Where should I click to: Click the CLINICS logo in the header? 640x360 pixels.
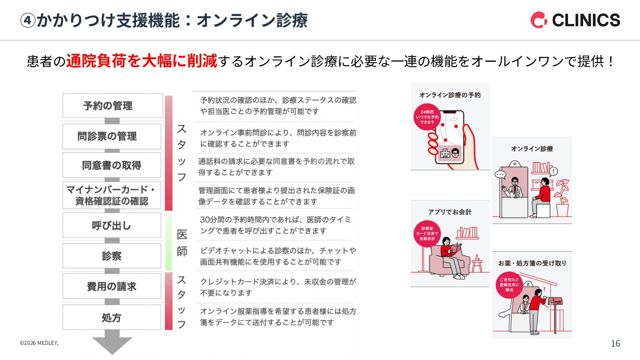click(x=575, y=20)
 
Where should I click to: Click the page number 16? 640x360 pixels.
click(x=616, y=344)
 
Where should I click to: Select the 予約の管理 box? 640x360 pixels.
click(x=112, y=106)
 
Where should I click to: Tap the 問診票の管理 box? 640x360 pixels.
click(x=112, y=136)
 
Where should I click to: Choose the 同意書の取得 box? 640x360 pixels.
click(x=112, y=165)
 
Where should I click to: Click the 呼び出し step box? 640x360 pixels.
click(x=112, y=225)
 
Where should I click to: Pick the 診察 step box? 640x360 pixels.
click(x=112, y=256)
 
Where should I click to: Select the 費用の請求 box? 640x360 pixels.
click(x=112, y=286)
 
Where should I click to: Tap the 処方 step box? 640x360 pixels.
click(x=112, y=317)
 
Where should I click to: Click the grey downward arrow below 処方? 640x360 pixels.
click(x=112, y=343)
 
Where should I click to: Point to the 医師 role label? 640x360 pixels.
click(x=182, y=243)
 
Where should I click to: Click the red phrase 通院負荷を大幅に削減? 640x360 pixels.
click(x=142, y=61)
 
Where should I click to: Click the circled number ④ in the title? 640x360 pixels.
click(x=28, y=20)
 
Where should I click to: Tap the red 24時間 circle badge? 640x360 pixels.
click(x=427, y=117)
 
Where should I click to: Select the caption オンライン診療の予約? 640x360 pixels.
click(x=449, y=95)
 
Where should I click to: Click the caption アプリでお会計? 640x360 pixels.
click(x=449, y=212)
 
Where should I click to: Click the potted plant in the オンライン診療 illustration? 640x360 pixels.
click(x=562, y=196)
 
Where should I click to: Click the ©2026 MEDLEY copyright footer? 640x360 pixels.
click(x=39, y=343)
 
